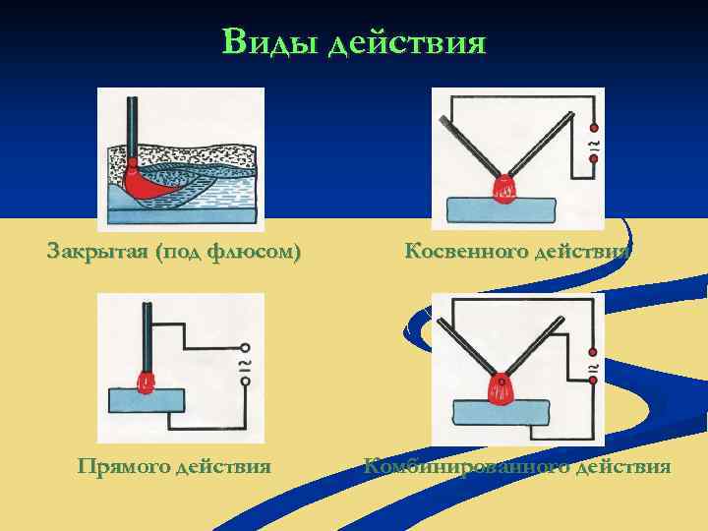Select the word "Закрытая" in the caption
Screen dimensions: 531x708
coord(96,252)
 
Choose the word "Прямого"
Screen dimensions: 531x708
coord(124,466)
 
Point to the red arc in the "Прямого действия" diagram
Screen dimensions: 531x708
coord(147,383)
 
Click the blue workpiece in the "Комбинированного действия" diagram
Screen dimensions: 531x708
coord(501,413)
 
